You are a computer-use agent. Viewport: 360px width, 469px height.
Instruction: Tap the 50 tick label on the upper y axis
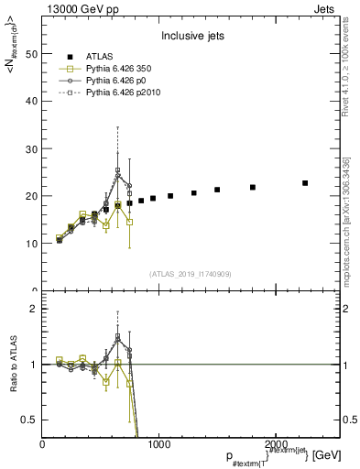31,53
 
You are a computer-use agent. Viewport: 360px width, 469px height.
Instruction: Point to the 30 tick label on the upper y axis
31,148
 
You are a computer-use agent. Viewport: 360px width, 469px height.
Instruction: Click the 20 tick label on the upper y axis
31,196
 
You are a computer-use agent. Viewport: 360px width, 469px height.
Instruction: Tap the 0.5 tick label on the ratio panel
29,420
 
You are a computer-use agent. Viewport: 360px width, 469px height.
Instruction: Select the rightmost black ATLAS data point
305,183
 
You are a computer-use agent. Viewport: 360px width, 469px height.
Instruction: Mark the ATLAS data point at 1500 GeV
217,190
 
